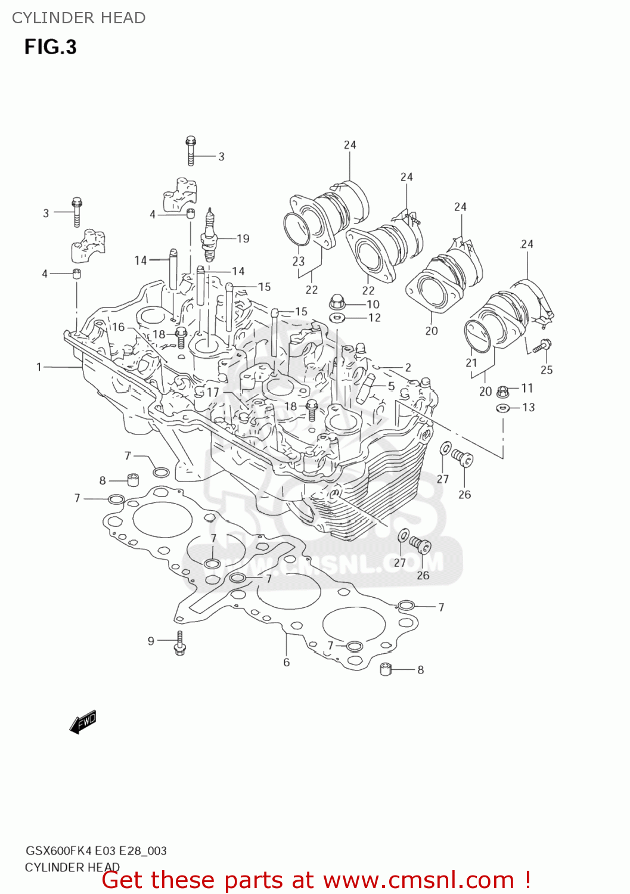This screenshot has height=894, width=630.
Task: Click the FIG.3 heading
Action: (x=51, y=47)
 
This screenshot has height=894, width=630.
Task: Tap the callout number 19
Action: (x=243, y=238)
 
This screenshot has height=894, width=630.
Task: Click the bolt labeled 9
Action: (x=179, y=643)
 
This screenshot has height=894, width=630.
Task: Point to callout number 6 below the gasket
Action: (x=287, y=662)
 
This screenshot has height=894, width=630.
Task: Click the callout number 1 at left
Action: (x=39, y=367)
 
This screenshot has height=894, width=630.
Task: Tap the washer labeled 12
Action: (x=337, y=318)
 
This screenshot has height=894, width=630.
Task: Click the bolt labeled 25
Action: (x=543, y=345)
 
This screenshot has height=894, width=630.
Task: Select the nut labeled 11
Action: (x=502, y=392)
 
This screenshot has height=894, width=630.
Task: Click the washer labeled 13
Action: (x=502, y=408)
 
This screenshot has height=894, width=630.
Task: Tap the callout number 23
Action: (x=299, y=261)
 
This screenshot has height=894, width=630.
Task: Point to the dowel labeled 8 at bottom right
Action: (x=386, y=669)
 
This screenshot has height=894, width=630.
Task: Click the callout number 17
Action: (x=213, y=392)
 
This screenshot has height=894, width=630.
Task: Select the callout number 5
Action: (x=391, y=386)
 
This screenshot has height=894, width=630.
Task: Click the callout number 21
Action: (x=471, y=362)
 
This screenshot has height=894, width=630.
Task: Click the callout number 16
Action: (x=118, y=327)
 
